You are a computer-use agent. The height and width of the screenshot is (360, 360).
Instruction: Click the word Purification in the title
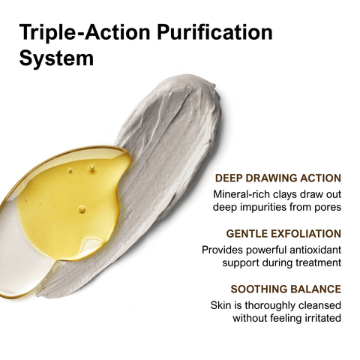click(215, 32)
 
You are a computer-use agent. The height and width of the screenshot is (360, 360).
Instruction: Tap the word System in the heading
click(56, 58)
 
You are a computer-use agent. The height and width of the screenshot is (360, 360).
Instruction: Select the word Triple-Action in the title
click(85, 32)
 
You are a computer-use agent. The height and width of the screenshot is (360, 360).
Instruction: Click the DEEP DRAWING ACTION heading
click(278, 178)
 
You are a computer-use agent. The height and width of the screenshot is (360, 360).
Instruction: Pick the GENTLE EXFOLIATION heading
click(283, 234)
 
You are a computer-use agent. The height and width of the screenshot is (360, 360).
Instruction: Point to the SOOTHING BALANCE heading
click(286, 289)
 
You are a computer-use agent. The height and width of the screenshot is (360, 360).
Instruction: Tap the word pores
click(328, 208)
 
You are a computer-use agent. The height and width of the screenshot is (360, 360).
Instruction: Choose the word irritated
click(323, 318)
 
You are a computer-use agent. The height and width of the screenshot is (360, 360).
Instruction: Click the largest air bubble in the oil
click(82, 209)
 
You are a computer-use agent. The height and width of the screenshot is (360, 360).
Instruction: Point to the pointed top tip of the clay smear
click(214, 85)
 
